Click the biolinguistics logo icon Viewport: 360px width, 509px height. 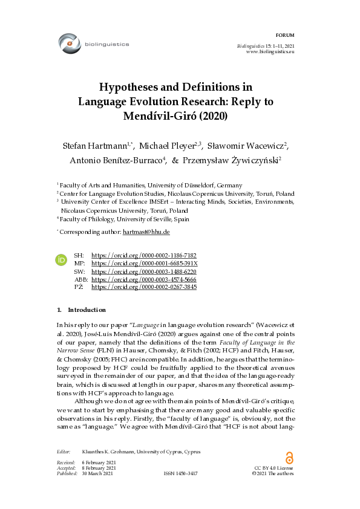[70, 44]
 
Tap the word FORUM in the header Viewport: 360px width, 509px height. [284, 36]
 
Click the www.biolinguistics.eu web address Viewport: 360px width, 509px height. [270, 53]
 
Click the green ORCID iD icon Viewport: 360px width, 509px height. [61, 259]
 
